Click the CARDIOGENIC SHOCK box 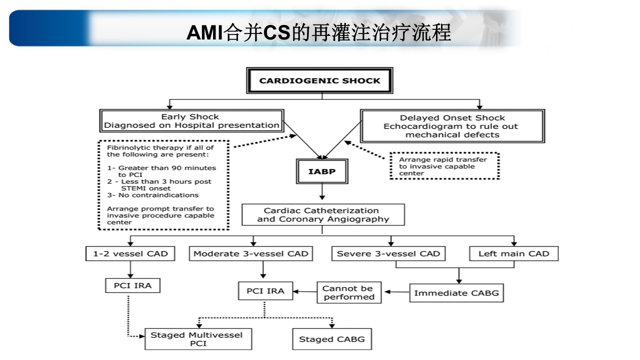[319, 80]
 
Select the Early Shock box [191, 121]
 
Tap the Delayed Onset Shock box [452, 126]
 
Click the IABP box [322, 171]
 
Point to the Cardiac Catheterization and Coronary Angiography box [323, 214]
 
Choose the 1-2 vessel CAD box [130, 253]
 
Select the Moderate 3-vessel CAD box [251, 253]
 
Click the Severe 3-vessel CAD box [388, 253]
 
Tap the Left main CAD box [513, 253]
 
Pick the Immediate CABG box [456, 293]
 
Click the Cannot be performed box [348, 292]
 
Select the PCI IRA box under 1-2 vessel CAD [132, 285]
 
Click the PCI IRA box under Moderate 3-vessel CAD [265, 291]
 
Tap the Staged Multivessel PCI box [198, 339]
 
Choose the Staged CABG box [332, 339]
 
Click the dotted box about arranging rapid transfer [444, 166]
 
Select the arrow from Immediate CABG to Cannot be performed [396, 292]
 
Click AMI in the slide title [199, 33]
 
